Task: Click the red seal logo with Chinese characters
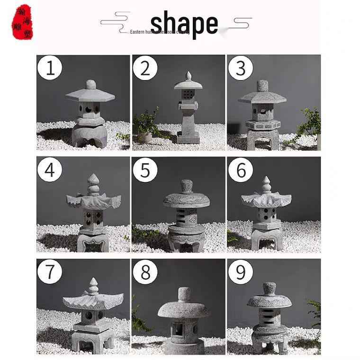[22, 22]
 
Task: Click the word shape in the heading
[184, 24]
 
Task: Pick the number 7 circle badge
[50, 272]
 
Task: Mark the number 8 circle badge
[145, 272]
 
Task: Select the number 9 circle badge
[241, 272]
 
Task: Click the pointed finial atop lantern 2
[188, 76]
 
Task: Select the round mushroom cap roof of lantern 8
[184, 309]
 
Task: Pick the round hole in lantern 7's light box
[89, 315]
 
